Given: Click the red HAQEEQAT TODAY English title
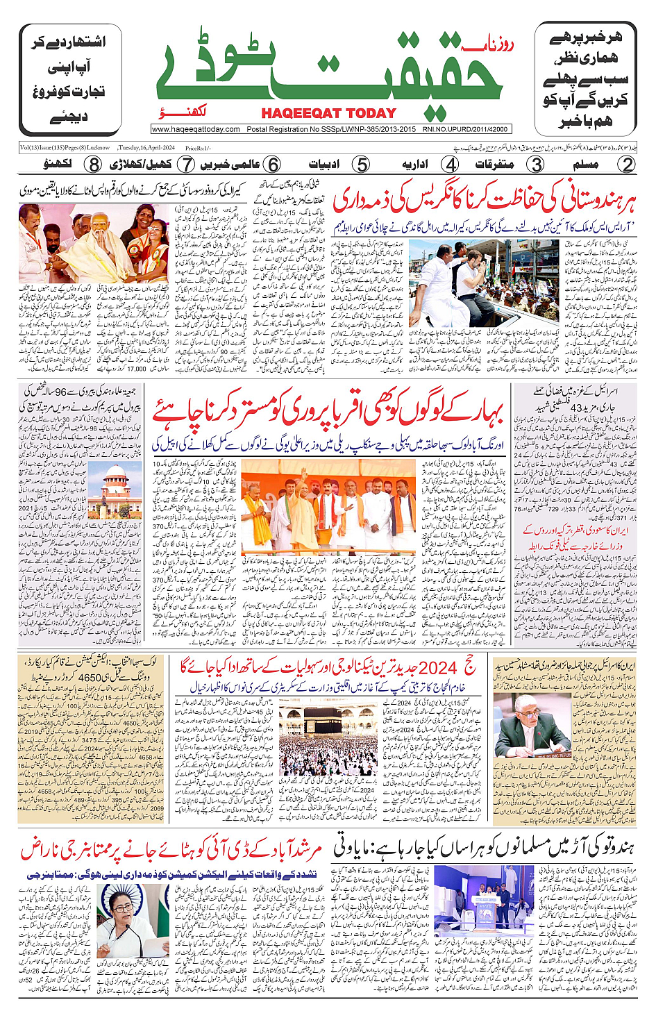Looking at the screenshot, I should pos(328,113).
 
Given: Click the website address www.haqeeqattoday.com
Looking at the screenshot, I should pos(196,129).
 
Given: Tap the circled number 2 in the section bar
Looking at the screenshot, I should pos(627,165).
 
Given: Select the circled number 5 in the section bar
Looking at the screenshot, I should pos(362,165).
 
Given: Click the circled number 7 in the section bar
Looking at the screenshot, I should pos(186,165).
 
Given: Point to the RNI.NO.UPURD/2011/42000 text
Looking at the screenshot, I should pos(465,129).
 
